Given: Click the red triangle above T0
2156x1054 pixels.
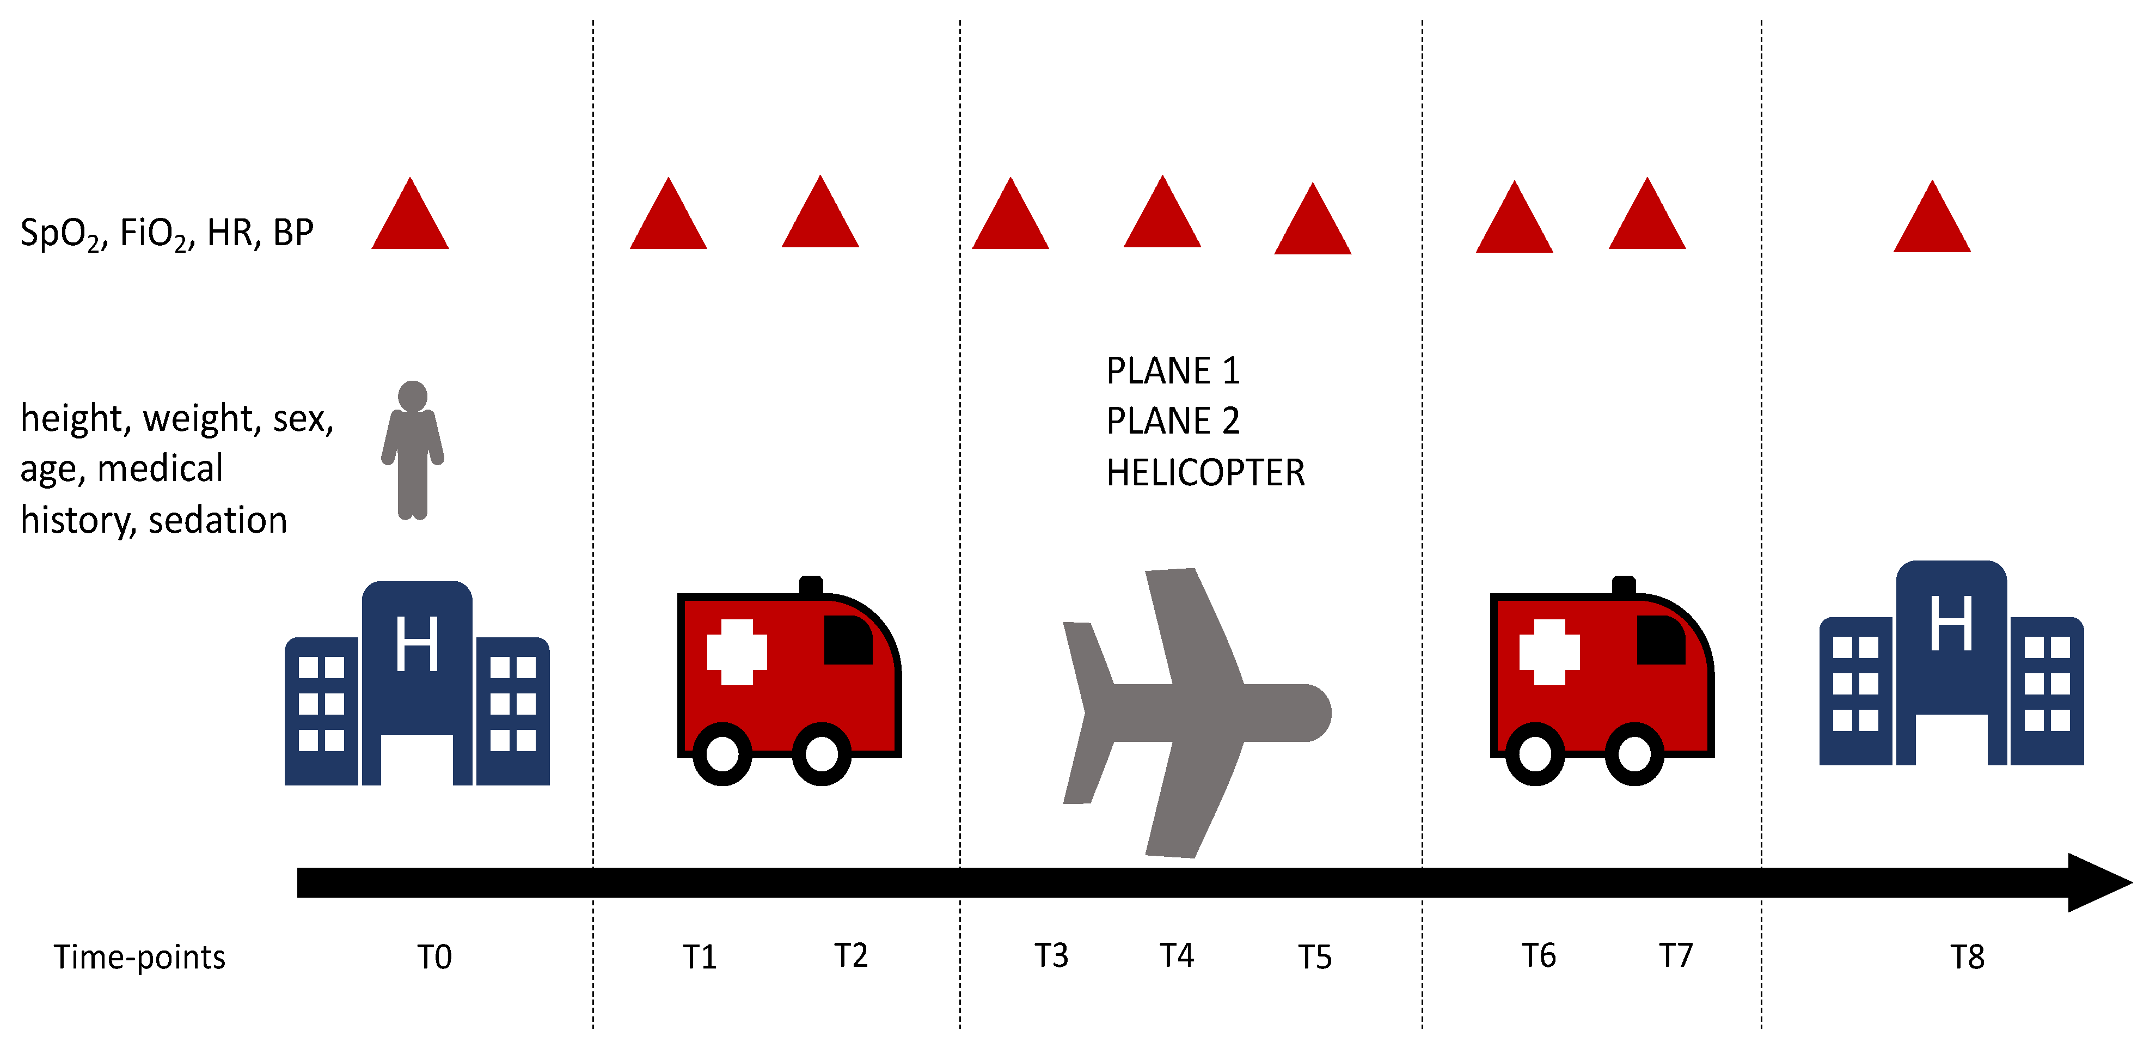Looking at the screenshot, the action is tap(410, 214).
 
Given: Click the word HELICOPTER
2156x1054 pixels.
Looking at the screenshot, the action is tap(1205, 473).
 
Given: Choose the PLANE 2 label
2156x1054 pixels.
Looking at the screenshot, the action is tap(1173, 421).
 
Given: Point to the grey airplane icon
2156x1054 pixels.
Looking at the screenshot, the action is tap(1197, 713).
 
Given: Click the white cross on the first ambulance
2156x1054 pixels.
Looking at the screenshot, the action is tap(737, 652).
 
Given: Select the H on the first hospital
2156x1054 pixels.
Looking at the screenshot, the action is tap(417, 643).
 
